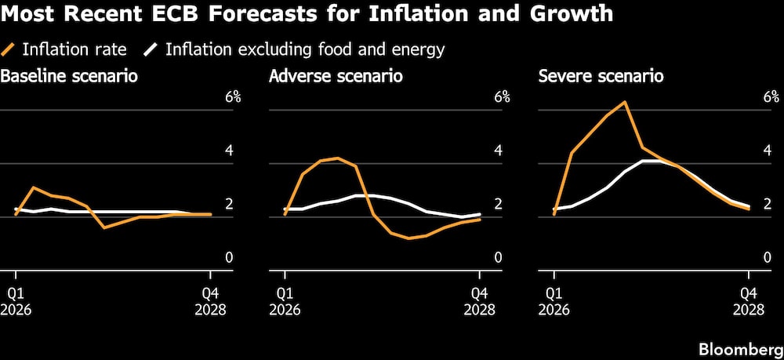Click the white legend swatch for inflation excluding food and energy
[151, 49]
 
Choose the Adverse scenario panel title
[336, 77]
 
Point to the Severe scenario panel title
[601, 77]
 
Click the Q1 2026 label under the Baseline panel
[16, 301]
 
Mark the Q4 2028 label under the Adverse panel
[480, 301]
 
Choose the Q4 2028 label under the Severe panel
[749, 301]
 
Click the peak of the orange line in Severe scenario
[625, 102]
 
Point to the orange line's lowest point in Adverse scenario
[408, 238]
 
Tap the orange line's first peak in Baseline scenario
[33, 187]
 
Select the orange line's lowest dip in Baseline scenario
[104, 227]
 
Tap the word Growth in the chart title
[568, 15]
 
